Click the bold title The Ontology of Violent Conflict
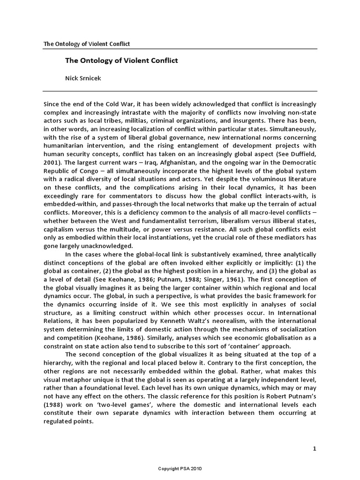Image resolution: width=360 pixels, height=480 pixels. click(x=114, y=60)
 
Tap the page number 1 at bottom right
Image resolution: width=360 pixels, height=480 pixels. click(x=315, y=449)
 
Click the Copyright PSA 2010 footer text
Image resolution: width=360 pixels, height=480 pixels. click(x=180, y=468)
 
